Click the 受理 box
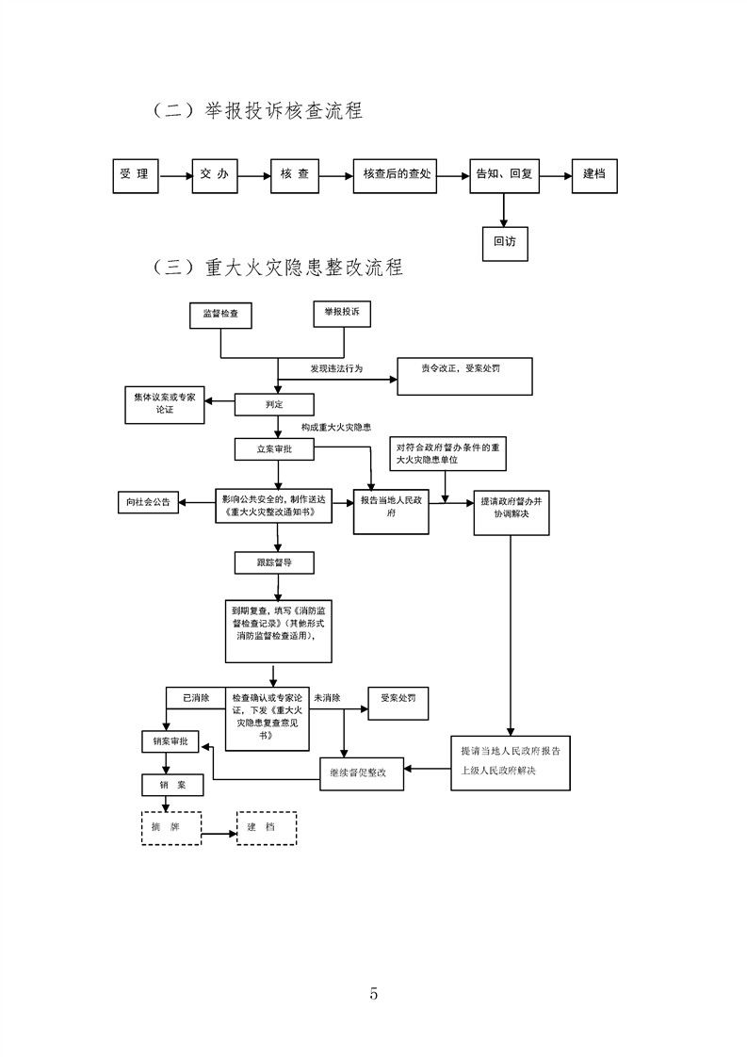coord(135,174)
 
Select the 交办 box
coord(215,174)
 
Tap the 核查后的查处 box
coord(396,174)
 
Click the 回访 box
coord(505,241)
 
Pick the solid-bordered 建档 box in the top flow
coord(594,174)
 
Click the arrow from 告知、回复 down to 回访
coord(505,209)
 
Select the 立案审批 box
coord(274,449)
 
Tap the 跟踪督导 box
coord(274,562)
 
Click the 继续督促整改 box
coord(362,772)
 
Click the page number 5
coord(374,993)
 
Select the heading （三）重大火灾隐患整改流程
coord(277,268)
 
